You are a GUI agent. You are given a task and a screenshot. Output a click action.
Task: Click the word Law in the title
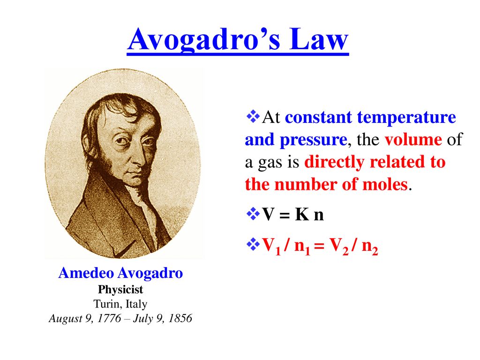[319, 39]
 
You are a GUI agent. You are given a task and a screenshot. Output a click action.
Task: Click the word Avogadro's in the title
[203, 39]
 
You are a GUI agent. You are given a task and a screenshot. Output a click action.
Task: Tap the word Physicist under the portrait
[120, 290]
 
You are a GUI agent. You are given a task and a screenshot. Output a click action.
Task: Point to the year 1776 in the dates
[109, 318]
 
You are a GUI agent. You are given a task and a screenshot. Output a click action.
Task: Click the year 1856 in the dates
[180, 318]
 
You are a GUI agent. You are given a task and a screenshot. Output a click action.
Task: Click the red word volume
[413, 140]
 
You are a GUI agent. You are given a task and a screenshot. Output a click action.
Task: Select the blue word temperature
[406, 118]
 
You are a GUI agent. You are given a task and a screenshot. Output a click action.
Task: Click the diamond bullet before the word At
[253, 116]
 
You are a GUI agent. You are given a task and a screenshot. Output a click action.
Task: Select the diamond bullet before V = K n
[253, 214]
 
